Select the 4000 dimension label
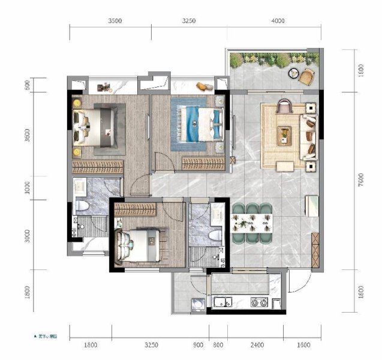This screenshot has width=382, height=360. pyautogui.click(x=276, y=20)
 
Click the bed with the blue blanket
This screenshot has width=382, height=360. pyautogui.click(x=197, y=123)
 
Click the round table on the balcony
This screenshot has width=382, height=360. pyautogui.click(x=294, y=74)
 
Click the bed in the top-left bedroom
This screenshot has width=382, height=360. pyautogui.click(x=96, y=126)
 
